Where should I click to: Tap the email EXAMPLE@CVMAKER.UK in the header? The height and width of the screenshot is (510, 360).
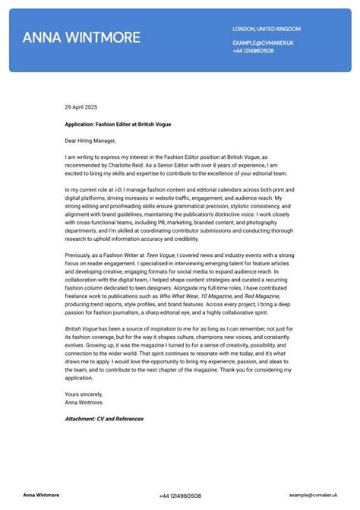[x=263, y=43]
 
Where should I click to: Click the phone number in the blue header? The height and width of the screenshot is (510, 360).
[x=254, y=50]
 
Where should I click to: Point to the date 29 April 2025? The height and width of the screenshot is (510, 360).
[x=81, y=107]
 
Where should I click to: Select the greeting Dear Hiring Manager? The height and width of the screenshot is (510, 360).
[x=90, y=140]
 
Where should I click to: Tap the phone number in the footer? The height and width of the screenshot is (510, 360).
[x=180, y=496]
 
